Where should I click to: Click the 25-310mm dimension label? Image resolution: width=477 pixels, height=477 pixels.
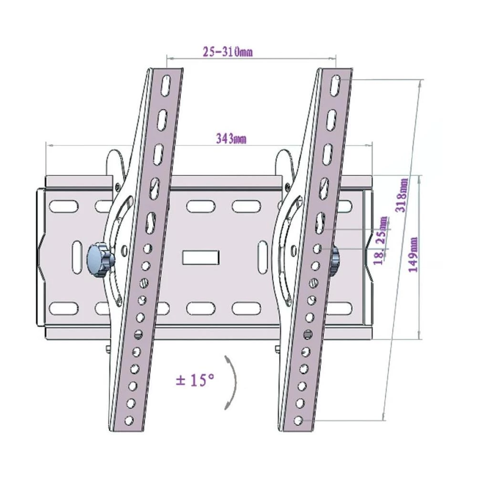tap(227, 53)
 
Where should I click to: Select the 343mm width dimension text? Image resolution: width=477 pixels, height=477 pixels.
tap(231, 139)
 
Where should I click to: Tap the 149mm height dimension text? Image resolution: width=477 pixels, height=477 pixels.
tap(414, 254)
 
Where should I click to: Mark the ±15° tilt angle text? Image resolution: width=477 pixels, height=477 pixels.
tap(195, 380)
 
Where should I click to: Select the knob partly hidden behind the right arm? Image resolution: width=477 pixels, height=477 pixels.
tap(335, 260)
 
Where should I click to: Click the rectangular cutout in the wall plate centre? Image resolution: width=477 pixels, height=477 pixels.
tap(201, 256)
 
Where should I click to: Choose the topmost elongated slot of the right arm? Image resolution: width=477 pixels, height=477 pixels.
tap(336, 85)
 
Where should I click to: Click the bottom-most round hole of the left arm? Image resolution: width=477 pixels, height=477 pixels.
tap(127, 419)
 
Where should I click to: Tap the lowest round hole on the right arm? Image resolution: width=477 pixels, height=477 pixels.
tap(298, 419)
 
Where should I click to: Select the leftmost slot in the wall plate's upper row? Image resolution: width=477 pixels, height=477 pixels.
tap(63, 206)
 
